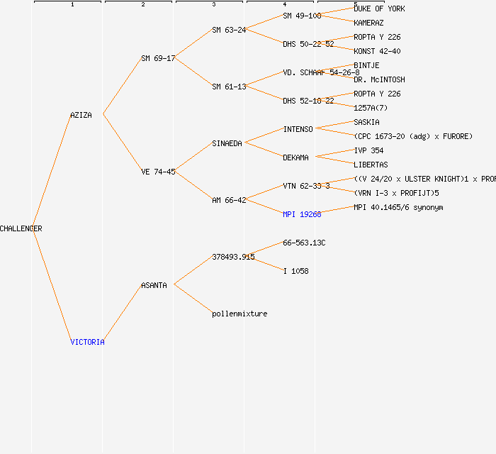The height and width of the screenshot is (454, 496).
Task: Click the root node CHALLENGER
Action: pos(21,228)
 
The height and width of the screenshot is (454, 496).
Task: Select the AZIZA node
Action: pos(81,115)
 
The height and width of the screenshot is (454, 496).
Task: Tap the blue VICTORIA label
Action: pos(87,342)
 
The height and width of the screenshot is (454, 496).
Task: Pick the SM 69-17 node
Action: pos(158,58)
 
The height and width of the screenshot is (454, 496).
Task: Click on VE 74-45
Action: pos(158,172)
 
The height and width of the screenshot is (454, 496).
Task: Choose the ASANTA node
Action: pos(154,285)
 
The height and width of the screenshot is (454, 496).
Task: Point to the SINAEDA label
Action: pos(227,143)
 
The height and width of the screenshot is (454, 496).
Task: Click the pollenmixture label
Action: pos(239,314)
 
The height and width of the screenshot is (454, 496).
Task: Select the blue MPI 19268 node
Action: pos(302,214)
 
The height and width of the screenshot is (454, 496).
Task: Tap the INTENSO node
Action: pos(298,129)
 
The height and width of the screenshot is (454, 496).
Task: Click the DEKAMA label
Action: pos(295,157)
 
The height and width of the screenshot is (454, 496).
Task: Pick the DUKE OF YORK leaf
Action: pos(379,9)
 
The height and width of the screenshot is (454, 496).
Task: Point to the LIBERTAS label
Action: pos(371,165)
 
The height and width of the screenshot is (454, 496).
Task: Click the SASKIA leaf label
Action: pos(366,122)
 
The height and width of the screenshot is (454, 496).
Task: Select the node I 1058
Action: pos(295,271)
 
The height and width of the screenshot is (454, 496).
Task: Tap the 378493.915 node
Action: pos(233,257)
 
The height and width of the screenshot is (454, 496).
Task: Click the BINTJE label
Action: pos(366,65)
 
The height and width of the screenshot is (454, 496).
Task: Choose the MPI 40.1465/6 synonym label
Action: pos(398,207)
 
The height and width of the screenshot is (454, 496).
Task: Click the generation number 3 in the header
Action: pos(213,5)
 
